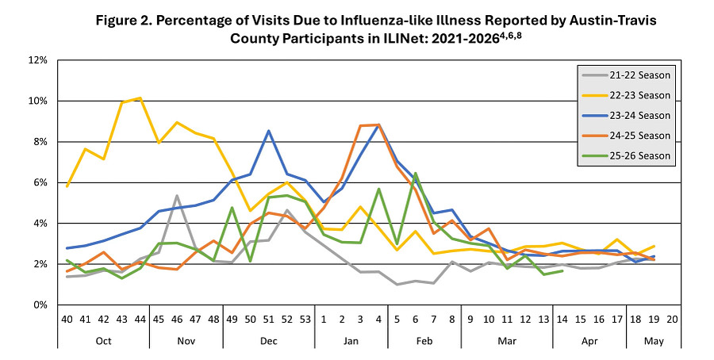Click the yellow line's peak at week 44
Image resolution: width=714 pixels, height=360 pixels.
pyautogui.click(x=140, y=98)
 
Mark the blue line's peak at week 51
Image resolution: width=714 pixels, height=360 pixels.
pyautogui.click(x=269, y=131)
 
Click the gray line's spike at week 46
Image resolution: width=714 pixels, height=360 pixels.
pyautogui.click(x=177, y=196)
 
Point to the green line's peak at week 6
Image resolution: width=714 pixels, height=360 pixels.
pyautogui.click(x=416, y=174)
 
